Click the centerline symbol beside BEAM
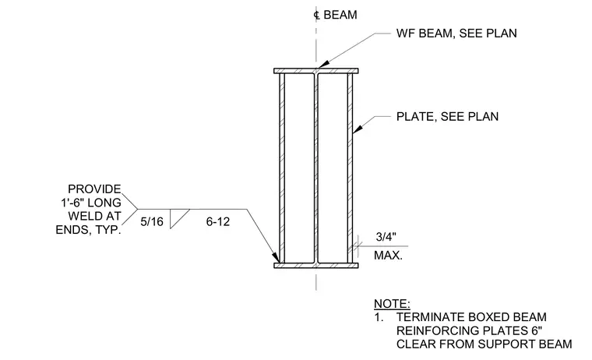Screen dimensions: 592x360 tap(317, 15)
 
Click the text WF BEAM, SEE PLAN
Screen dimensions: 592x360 tap(456, 34)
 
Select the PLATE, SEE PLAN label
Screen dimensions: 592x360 tap(447, 116)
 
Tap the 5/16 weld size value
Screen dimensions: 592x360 tap(152, 221)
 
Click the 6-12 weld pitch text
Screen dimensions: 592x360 tap(218, 221)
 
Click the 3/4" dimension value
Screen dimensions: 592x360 tap(386, 237)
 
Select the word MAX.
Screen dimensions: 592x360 tap(388, 256)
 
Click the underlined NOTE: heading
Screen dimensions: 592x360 tap(392, 304)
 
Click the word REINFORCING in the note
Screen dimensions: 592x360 tap(429, 330)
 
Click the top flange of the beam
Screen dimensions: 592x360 tap(316, 71)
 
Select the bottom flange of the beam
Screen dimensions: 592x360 tap(316, 266)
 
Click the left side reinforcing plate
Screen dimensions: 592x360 tap(282, 168)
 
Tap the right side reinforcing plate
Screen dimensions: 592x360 tap(350, 168)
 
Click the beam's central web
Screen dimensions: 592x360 tap(316, 168)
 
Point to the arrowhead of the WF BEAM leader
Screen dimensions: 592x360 tap(322, 65)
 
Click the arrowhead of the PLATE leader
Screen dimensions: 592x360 tap(358, 129)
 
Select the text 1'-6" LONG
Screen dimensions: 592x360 tap(91, 203)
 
